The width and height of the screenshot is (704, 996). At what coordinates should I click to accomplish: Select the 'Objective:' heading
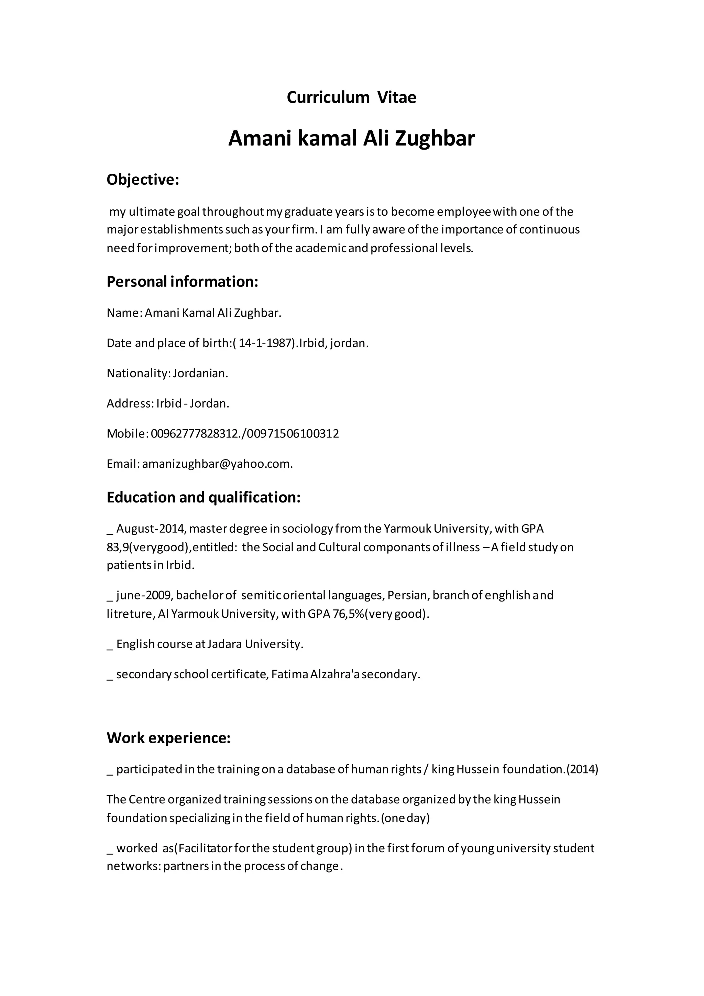[x=143, y=180]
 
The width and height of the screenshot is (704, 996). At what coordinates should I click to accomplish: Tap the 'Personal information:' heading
[x=182, y=282]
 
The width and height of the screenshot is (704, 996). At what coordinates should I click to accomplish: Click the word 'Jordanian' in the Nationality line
[x=200, y=373]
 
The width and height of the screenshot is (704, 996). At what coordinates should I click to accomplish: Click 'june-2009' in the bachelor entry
[x=144, y=595]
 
